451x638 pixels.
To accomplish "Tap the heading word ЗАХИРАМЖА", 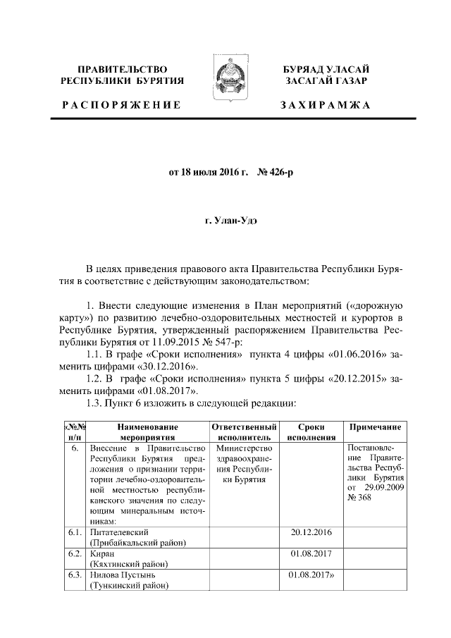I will point(325,104).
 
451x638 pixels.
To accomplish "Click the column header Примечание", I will point(373,427).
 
